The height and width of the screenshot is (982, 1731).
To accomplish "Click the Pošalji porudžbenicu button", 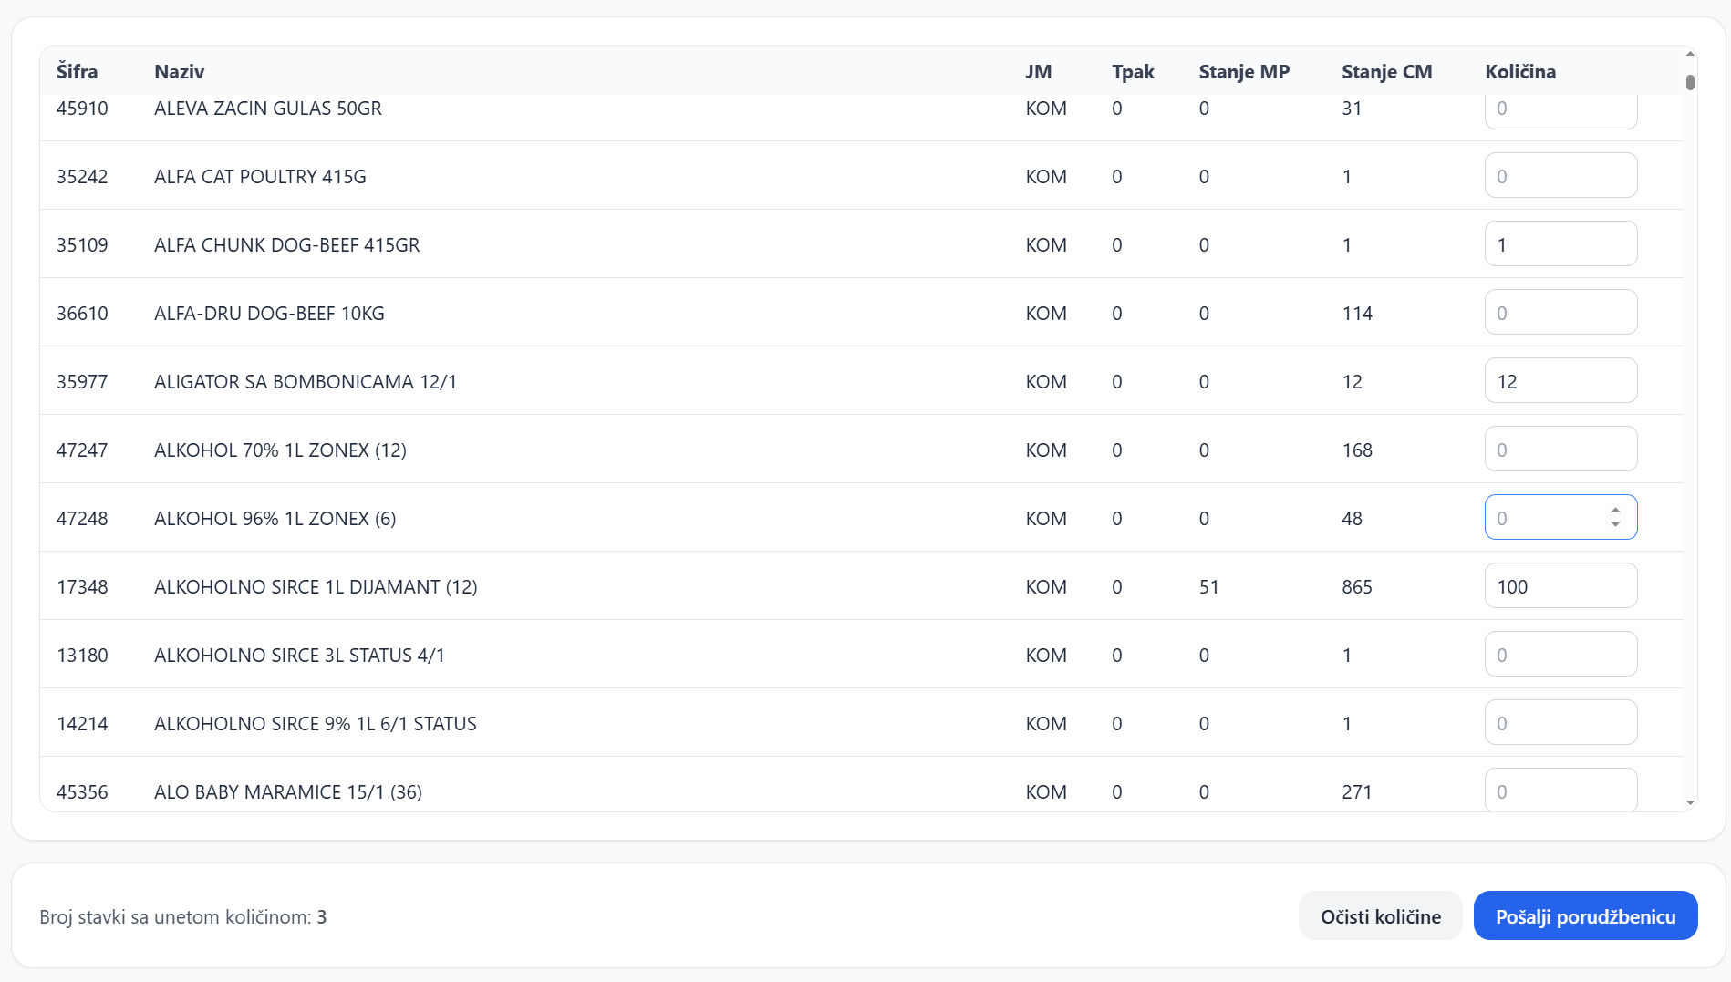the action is point(1585,915).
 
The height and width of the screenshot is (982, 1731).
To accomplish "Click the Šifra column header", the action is point(77,71).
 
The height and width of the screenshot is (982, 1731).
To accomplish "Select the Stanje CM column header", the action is point(1386,71).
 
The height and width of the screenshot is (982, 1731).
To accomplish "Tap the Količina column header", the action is point(1520,71).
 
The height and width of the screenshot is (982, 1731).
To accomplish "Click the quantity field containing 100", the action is point(1560,585).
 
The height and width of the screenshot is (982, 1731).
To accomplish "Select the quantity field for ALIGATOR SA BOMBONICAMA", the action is point(1560,380).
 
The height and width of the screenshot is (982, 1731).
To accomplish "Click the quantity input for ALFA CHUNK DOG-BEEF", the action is point(1560,243).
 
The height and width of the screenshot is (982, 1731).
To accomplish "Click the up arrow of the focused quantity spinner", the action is point(1615,511).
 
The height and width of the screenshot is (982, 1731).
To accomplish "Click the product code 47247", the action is point(82,450).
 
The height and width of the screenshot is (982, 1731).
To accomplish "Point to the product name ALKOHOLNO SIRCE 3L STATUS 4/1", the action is point(299,655).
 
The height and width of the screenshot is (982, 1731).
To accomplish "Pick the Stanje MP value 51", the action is point(1208,586).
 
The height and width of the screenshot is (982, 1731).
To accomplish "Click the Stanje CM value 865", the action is point(1357,586).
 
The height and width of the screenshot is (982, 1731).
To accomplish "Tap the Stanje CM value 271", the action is point(1357,791).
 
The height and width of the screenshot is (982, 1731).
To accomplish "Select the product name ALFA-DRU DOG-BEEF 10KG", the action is point(269,313).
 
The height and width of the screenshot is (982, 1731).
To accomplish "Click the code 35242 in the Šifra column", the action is point(82,176).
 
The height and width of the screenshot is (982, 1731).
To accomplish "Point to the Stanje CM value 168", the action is point(1357,450).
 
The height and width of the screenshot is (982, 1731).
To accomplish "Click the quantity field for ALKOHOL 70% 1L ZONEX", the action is point(1560,449).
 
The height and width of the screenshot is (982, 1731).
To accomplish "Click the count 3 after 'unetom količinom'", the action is point(322,916).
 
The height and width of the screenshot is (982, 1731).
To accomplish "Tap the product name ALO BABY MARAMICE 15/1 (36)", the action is point(288,791).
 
